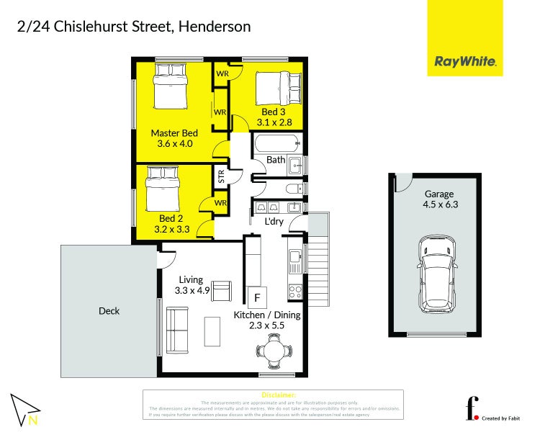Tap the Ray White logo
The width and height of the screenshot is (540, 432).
(x=465, y=62)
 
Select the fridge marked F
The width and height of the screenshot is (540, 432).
(x=256, y=296)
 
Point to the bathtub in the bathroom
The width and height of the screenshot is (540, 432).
(x=276, y=142)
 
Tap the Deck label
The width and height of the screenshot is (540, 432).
(x=109, y=311)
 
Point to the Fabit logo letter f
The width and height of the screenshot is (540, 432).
(x=472, y=408)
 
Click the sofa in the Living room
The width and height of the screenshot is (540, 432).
(x=177, y=330)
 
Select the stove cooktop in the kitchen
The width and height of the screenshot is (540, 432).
(x=295, y=292)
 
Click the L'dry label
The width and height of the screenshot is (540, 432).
(x=274, y=221)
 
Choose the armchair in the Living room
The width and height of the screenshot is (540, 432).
(x=222, y=290)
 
